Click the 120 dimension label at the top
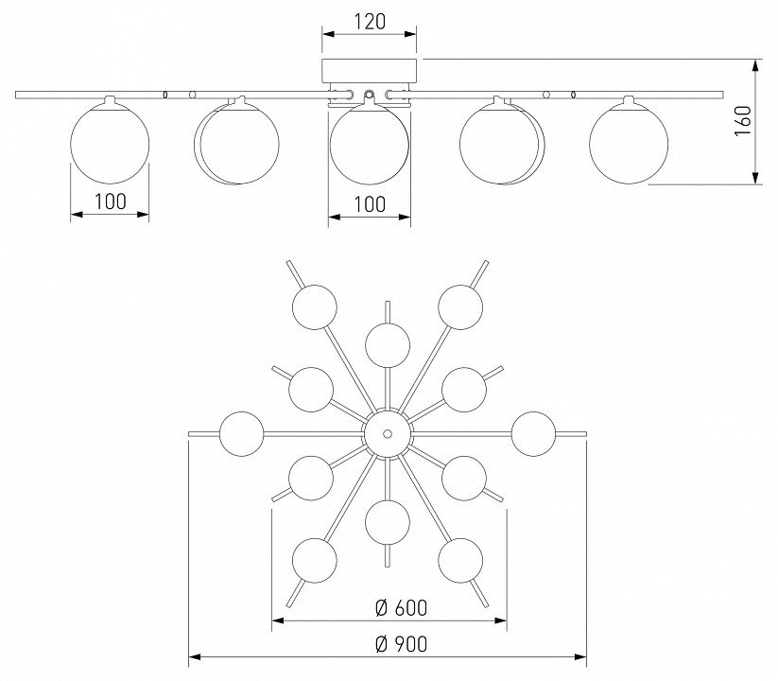click(370, 22)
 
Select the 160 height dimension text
click(743, 122)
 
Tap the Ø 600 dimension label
click(401, 607)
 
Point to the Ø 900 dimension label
click(401, 644)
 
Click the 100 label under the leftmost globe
click(111, 201)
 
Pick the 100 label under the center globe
click(370, 204)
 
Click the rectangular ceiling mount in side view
click(370, 71)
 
